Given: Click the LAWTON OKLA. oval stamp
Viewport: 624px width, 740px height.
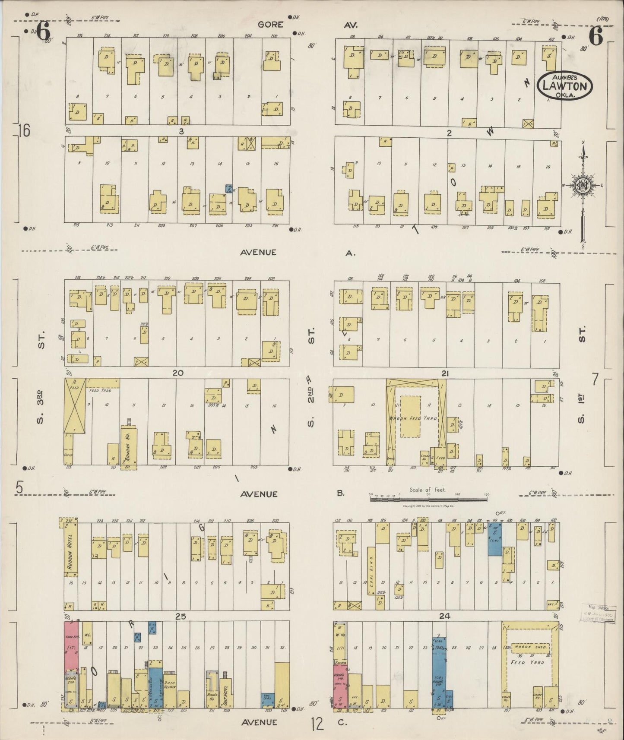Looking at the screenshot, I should point(564,85).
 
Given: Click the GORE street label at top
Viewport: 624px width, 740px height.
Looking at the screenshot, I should point(270,25).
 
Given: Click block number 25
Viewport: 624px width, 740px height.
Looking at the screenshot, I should point(181,617).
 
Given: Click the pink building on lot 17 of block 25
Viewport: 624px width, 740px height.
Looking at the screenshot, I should point(71,646).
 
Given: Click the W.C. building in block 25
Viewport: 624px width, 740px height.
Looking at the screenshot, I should point(87,634).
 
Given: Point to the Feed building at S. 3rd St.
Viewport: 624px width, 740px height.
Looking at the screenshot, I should point(72,405).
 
